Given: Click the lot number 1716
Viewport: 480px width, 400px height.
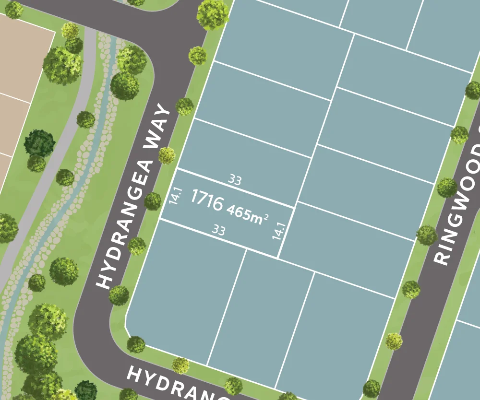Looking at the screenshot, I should point(207,200).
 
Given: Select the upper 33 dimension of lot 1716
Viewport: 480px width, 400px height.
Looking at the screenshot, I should point(235,180).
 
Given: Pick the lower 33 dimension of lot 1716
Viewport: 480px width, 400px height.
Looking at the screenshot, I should point(218,231).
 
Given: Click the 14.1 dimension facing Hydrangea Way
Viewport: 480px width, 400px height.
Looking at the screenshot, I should point(176,196).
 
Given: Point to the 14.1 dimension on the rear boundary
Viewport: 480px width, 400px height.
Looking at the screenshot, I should point(279,231).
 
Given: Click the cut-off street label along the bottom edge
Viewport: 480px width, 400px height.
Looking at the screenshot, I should point(178,384).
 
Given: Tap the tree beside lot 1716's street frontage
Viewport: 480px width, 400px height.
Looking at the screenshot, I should point(153,201).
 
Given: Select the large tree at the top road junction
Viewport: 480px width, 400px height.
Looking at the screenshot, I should point(212,14).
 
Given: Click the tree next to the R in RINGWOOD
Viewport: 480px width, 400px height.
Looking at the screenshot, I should point(427,235).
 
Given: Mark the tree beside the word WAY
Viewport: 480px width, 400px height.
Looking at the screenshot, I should point(184,106).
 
